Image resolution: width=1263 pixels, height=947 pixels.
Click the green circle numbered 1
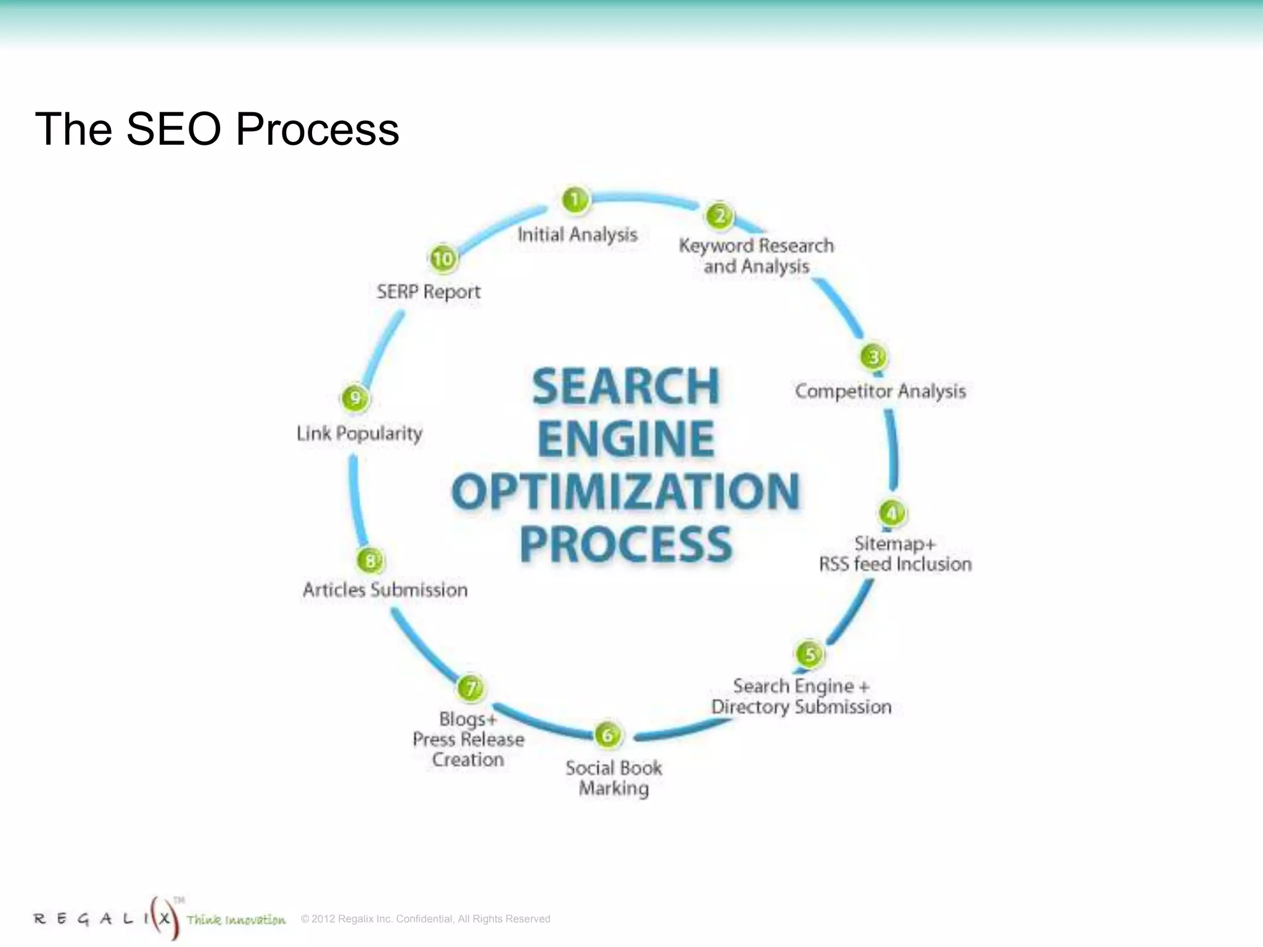pyautogui.click(x=575, y=200)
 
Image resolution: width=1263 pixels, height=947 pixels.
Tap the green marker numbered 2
pyautogui.click(x=719, y=216)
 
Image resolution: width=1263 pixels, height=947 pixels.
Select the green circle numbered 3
pyautogui.click(x=873, y=357)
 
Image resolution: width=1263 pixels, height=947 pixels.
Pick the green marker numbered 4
pyautogui.click(x=891, y=513)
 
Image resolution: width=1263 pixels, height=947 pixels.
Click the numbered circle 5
pyautogui.click(x=810, y=655)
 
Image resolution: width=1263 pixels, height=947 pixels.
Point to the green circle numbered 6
pyautogui.click(x=607, y=735)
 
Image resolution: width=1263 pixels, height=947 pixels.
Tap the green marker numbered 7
pyautogui.click(x=471, y=688)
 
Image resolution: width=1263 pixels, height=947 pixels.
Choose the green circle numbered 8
pyautogui.click(x=370, y=560)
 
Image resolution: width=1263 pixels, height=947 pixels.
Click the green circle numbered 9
pyautogui.click(x=355, y=398)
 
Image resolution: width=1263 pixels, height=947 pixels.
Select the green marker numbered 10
pyautogui.click(x=443, y=258)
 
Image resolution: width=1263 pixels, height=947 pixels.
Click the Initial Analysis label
pyautogui.click(x=577, y=235)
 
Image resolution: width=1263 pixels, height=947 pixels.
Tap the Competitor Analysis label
pyautogui.click(x=880, y=392)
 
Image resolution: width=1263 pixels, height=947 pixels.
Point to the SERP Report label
pyautogui.click(x=429, y=292)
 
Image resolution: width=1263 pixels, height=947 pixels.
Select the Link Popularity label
pyautogui.click(x=360, y=433)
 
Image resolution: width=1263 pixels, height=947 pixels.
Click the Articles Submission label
pyautogui.click(x=385, y=590)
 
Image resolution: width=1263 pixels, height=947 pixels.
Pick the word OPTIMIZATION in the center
pyautogui.click(x=625, y=491)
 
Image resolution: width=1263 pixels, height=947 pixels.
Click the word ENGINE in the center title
pyautogui.click(x=625, y=438)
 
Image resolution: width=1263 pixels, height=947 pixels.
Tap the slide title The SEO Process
pyautogui.click(x=217, y=129)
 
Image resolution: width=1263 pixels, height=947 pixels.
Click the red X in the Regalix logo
pyautogui.click(x=163, y=918)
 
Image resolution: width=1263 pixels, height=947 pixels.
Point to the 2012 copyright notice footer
pyautogui.click(x=426, y=919)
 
